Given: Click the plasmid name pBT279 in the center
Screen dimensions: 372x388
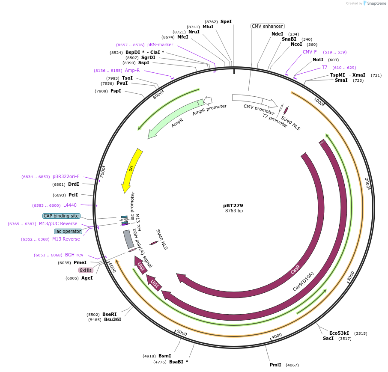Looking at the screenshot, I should click(x=233, y=205).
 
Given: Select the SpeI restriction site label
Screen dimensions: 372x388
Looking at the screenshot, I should click(x=226, y=21).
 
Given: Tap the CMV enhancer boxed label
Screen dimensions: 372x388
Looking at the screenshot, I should click(x=267, y=26).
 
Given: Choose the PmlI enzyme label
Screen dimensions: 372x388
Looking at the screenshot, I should click(x=275, y=365).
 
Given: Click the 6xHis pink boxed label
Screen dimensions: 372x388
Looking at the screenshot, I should click(x=85, y=270).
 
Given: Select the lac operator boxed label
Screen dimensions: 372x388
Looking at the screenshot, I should click(x=68, y=231).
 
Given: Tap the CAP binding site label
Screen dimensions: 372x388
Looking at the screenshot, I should click(x=61, y=216).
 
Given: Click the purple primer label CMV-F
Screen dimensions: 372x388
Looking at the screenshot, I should click(x=310, y=52).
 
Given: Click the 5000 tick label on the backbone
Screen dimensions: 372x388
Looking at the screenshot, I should click(x=182, y=333).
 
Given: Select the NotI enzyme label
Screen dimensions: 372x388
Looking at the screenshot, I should click(x=318, y=60).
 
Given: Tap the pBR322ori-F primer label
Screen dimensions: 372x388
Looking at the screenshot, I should click(x=66, y=176).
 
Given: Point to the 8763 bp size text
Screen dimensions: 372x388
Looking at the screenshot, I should click(x=234, y=211).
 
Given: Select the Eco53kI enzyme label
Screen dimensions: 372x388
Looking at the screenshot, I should click(x=339, y=333).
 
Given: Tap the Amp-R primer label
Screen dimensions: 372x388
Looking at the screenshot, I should click(x=132, y=70).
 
